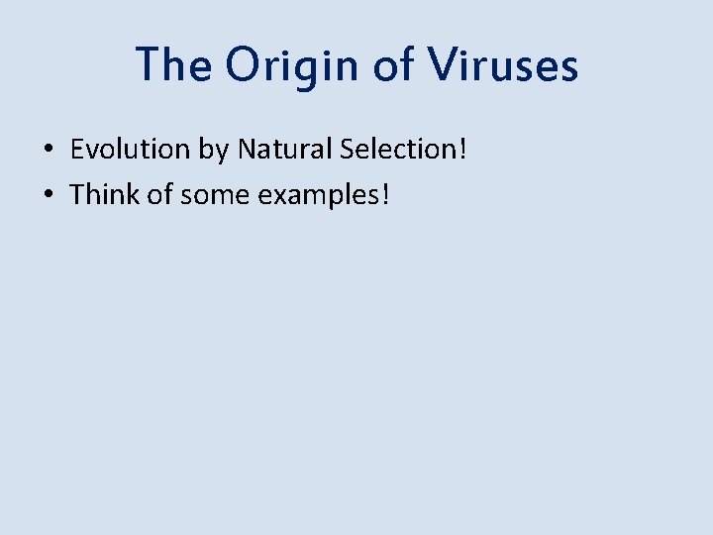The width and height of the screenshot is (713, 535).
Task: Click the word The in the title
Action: (172, 65)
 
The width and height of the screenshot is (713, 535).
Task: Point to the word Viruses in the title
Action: (504, 65)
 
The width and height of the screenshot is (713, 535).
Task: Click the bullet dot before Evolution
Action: (48, 151)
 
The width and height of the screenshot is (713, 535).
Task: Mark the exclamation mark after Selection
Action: (461, 150)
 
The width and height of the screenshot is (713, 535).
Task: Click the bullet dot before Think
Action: (48, 195)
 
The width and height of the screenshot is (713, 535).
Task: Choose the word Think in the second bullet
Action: (104, 194)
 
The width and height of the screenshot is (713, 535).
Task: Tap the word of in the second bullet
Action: (160, 194)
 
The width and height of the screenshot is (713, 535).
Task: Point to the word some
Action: (216, 195)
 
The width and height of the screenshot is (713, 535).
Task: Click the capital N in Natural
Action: (247, 150)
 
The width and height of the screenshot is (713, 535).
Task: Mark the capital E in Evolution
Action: (76, 150)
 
